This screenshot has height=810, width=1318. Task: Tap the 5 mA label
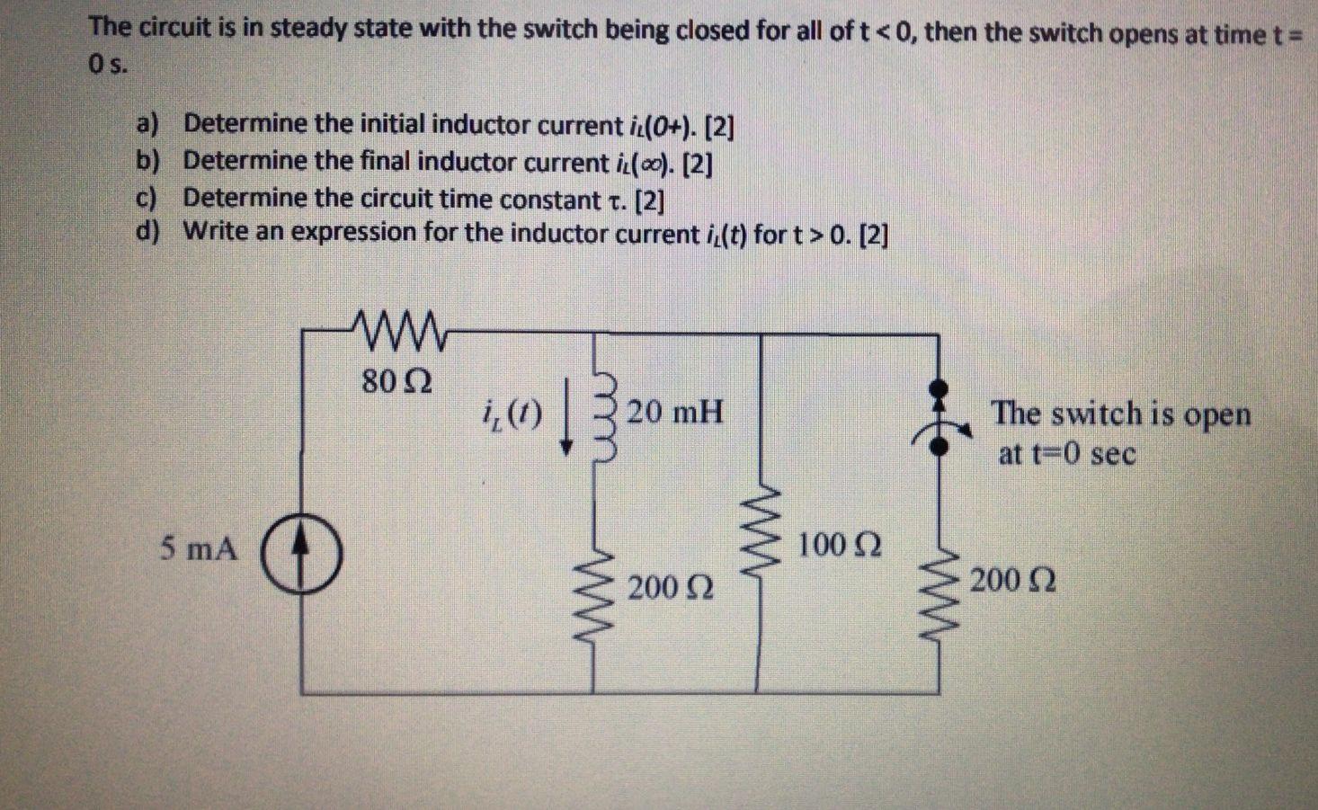[x=200, y=547]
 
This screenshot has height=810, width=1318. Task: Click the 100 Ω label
[x=839, y=545]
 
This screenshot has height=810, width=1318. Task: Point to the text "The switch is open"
[x=1120, y=414]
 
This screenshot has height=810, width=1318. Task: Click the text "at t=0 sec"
[x=1066, y=454]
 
